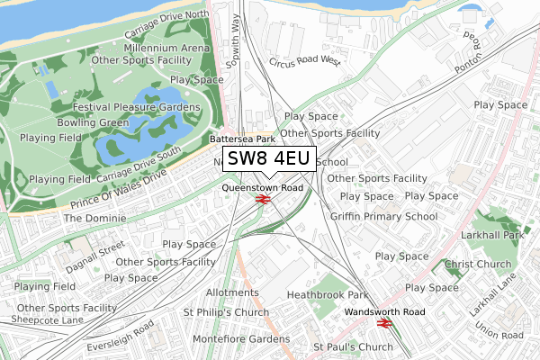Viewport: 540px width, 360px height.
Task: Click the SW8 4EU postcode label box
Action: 268,159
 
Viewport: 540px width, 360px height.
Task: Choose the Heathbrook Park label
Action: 328,294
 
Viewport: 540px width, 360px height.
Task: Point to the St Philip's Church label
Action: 226,312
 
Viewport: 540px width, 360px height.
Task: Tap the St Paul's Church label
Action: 353,346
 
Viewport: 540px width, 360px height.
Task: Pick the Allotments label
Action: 232,292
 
